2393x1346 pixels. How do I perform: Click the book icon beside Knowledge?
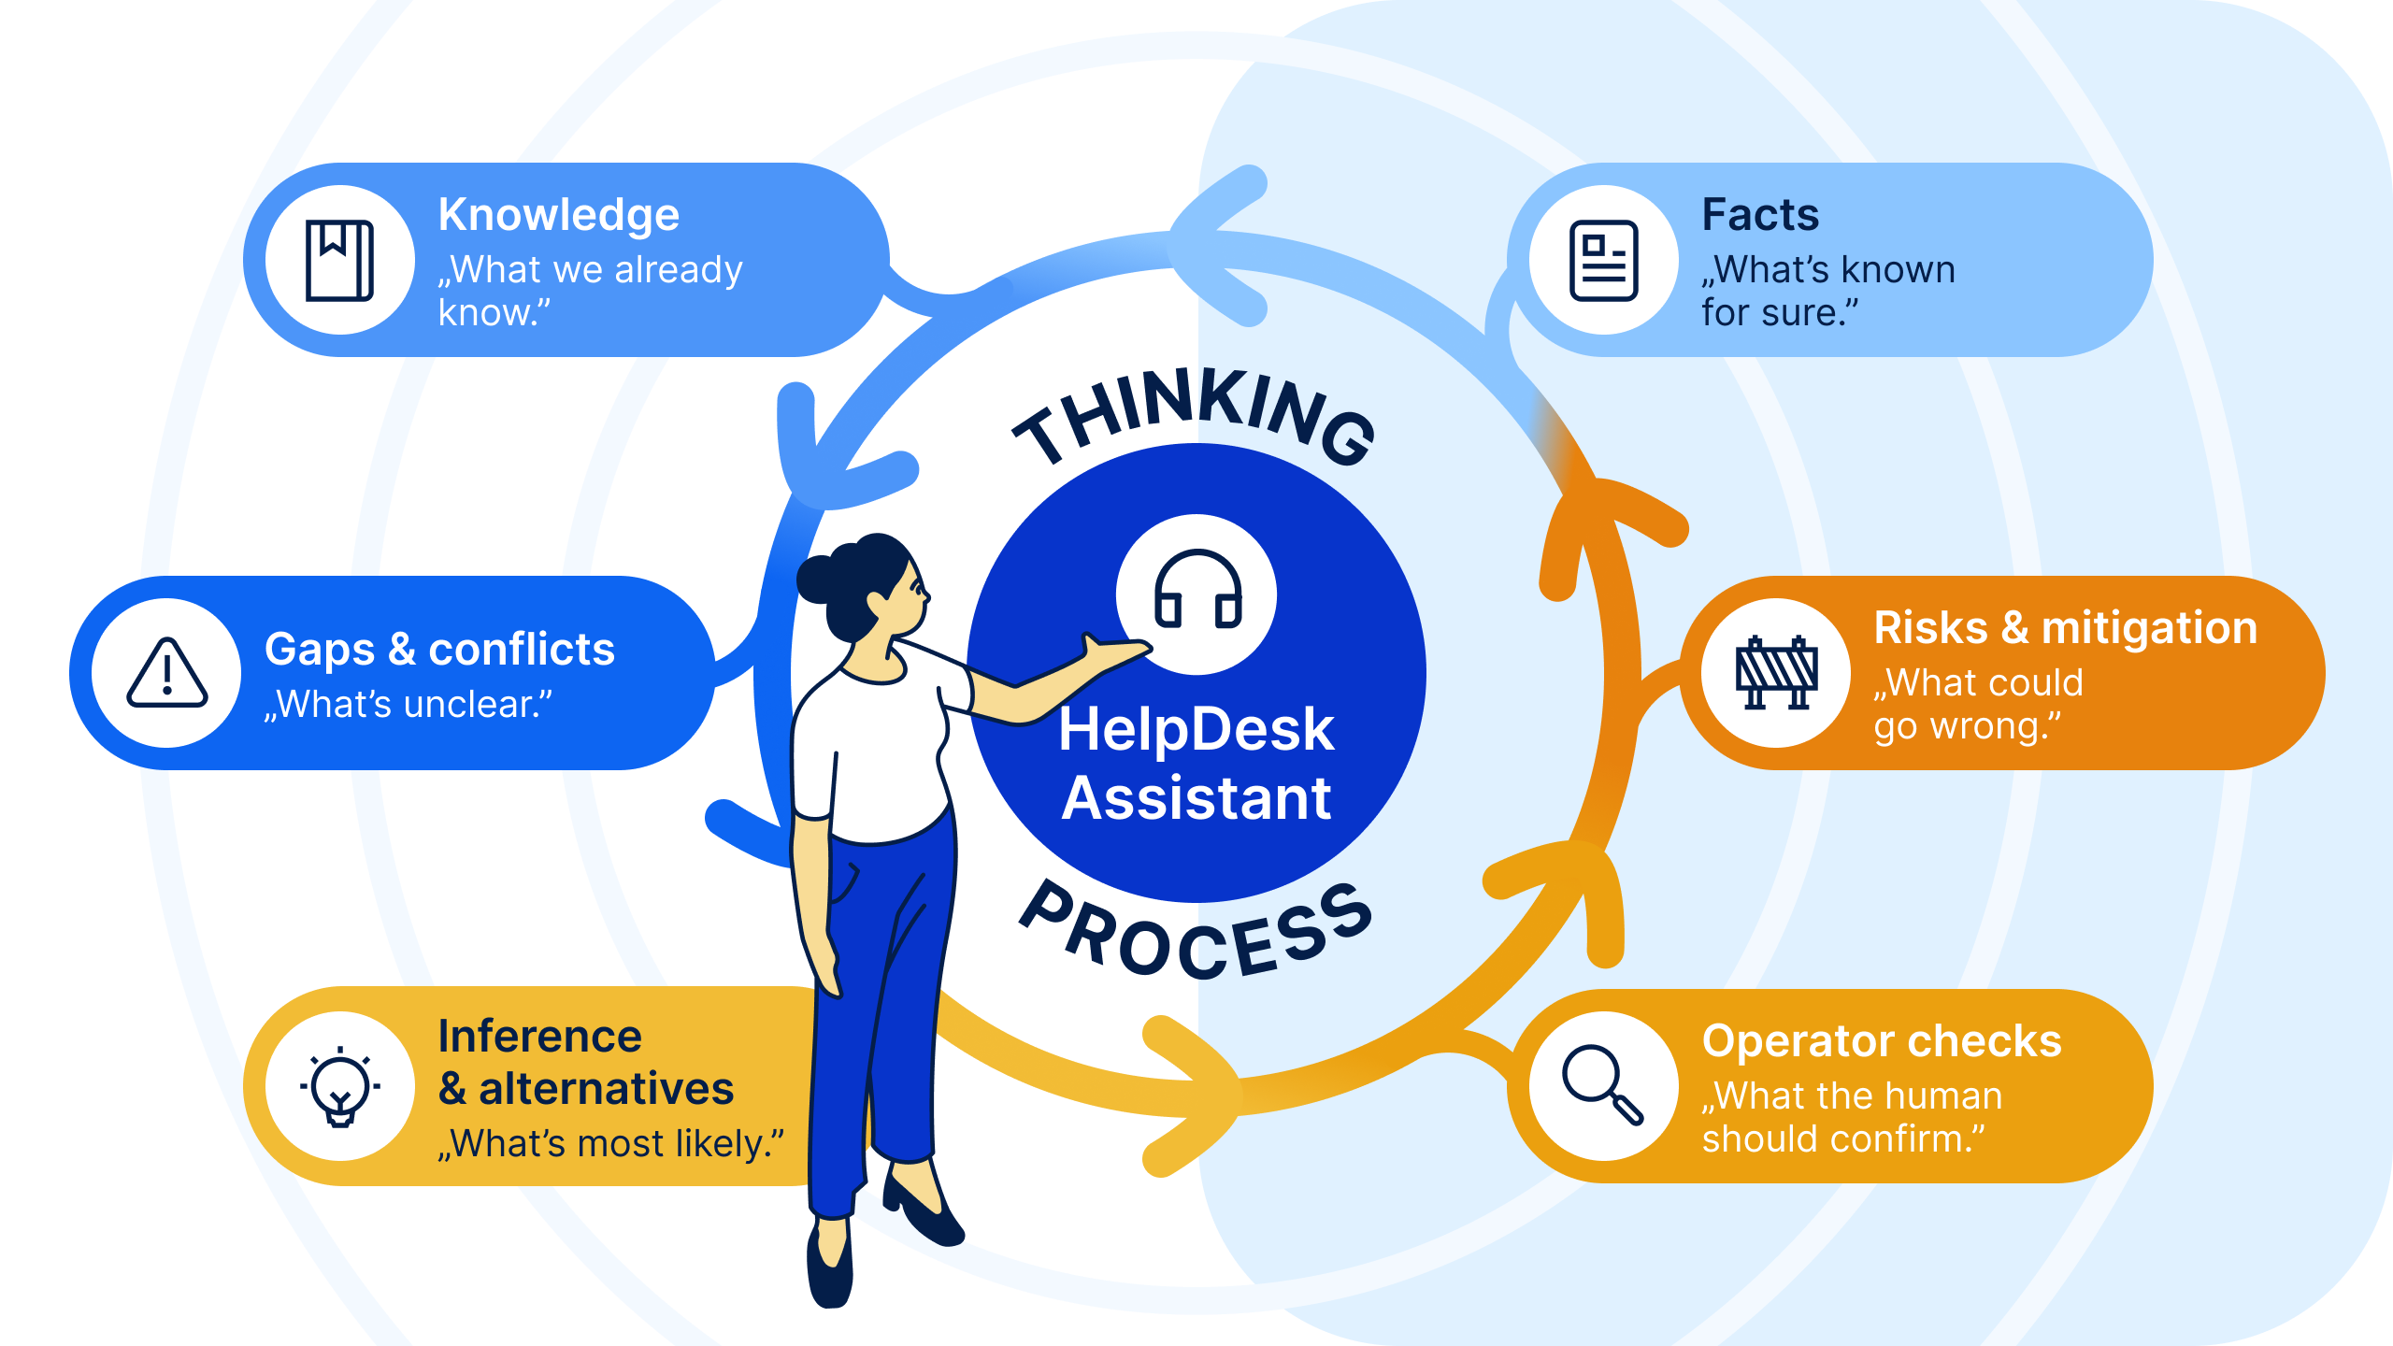339,261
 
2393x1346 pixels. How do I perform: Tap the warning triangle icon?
167,674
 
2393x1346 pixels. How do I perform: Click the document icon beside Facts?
1604,261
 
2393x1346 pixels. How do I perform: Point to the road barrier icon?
1776,673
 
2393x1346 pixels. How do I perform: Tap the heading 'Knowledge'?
559,215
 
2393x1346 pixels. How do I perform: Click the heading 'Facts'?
1760,215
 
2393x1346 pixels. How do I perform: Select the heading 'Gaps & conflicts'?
439,650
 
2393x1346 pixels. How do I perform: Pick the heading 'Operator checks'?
1882,1041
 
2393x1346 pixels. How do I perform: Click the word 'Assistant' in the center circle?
1196,799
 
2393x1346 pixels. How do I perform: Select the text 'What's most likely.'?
611,1144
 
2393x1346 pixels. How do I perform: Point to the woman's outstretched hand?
1112,652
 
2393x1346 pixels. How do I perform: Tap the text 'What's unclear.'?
408,705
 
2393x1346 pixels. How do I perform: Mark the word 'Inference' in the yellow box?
540,1037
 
